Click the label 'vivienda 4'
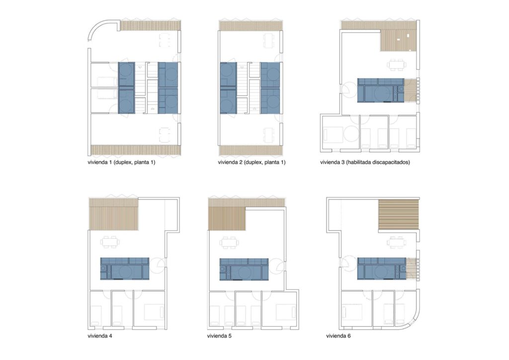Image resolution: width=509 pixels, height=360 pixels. tap(100, 336)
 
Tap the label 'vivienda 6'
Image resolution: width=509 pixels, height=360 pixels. tap(338, 336)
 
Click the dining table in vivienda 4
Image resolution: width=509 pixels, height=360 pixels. tap(110, 242)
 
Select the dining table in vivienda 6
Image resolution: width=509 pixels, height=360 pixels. tap(396, 242)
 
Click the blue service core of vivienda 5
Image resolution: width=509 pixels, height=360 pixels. tap(244, 269)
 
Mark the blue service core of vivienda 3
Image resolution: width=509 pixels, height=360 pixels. tap(381, 90)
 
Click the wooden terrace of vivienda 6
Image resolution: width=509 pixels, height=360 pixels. tap(399, 215)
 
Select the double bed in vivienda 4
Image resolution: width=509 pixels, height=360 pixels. tap(154, 312)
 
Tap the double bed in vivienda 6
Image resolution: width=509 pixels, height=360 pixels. tap(352, 312)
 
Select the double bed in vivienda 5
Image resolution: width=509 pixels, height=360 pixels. tap(286, 312)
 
